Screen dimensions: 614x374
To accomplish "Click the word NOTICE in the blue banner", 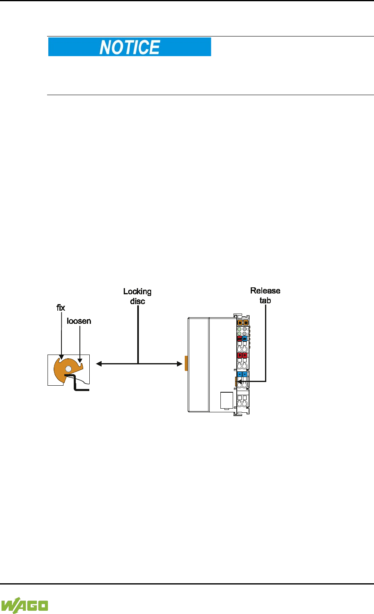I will click(x=129, y=47).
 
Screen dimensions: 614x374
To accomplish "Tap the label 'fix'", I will click(x=61, y=308).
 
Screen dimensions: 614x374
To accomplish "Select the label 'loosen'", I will click(x=79, y=321).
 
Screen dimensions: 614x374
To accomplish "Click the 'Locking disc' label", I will click(x=138, y=296).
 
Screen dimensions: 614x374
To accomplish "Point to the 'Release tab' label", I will click(x=265, y=296).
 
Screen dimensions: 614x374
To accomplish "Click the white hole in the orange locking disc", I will click(x=68, y=369).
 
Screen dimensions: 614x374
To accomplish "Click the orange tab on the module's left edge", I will click(x=186, y=363).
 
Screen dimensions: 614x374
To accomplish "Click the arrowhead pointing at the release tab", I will click(x=239, y=382).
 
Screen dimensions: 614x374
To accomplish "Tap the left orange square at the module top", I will click(x=240, y=323).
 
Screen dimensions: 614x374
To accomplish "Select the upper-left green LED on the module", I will click(x=240, y=329).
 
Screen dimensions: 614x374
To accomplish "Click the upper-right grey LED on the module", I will click(x=245, y=329).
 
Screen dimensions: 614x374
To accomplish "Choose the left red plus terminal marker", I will click(x=240, y=355).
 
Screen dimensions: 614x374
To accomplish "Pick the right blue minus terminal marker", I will click(x=245, y=374).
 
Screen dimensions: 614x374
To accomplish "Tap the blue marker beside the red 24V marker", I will click(x=245, y=339).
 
